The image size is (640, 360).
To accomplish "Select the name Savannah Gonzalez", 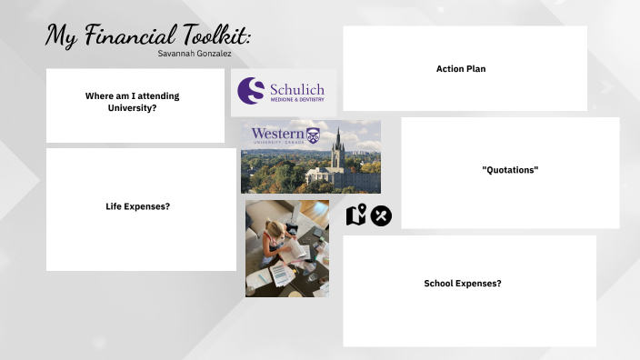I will click(194, 54).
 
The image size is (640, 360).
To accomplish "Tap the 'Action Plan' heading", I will click(461, 69).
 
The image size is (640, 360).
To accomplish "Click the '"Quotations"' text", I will click(510, 170).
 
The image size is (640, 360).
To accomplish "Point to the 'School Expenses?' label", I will click(463, 284).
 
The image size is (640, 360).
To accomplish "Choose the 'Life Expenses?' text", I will click(138, 206).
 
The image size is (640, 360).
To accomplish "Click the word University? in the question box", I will click(133, 108).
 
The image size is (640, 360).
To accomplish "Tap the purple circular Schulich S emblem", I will click(251, 90).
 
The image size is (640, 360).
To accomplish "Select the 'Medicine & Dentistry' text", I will click(297, 102).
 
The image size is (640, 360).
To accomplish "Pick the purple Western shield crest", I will click(314, 135).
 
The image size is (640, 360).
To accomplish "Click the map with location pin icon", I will click(356, 215).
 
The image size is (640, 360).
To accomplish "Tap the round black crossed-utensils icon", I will click(381, 215).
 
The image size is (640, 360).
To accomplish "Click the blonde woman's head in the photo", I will click(272, 239).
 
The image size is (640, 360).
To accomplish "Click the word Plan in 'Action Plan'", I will click(475, 69).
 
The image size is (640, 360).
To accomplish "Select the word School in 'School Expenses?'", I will click(441, 284).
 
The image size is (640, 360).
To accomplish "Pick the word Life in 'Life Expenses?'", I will click(115, 206).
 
